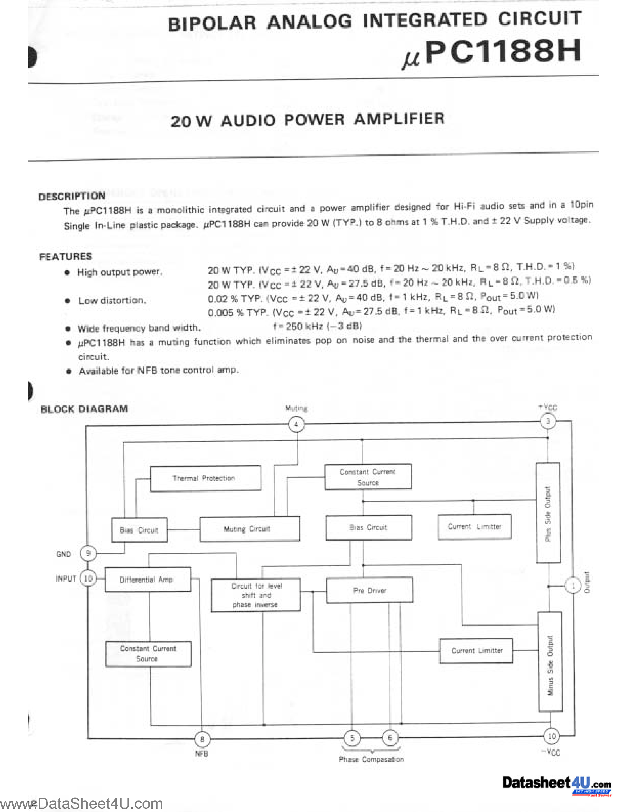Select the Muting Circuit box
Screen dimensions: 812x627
pos(249,529)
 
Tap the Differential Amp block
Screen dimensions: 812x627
pos(148,579)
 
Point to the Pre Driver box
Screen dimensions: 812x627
pos(369,590)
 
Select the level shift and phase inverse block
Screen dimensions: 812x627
pos(256,595)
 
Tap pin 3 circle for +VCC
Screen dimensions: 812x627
pos(548,421)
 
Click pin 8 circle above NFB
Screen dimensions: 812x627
pos(202,739)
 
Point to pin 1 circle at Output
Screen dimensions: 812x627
pos(572,586)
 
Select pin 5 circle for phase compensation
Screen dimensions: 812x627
pos(352,738)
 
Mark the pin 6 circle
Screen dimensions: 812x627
pos(390,738)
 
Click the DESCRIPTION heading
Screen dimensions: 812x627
pos(72,196)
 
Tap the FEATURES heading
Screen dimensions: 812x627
pos(66,257)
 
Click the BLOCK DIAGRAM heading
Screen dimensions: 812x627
pos(84,409)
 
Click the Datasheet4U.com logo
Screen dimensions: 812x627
pos(556,784)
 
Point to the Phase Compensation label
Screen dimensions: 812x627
pos(371,759)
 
